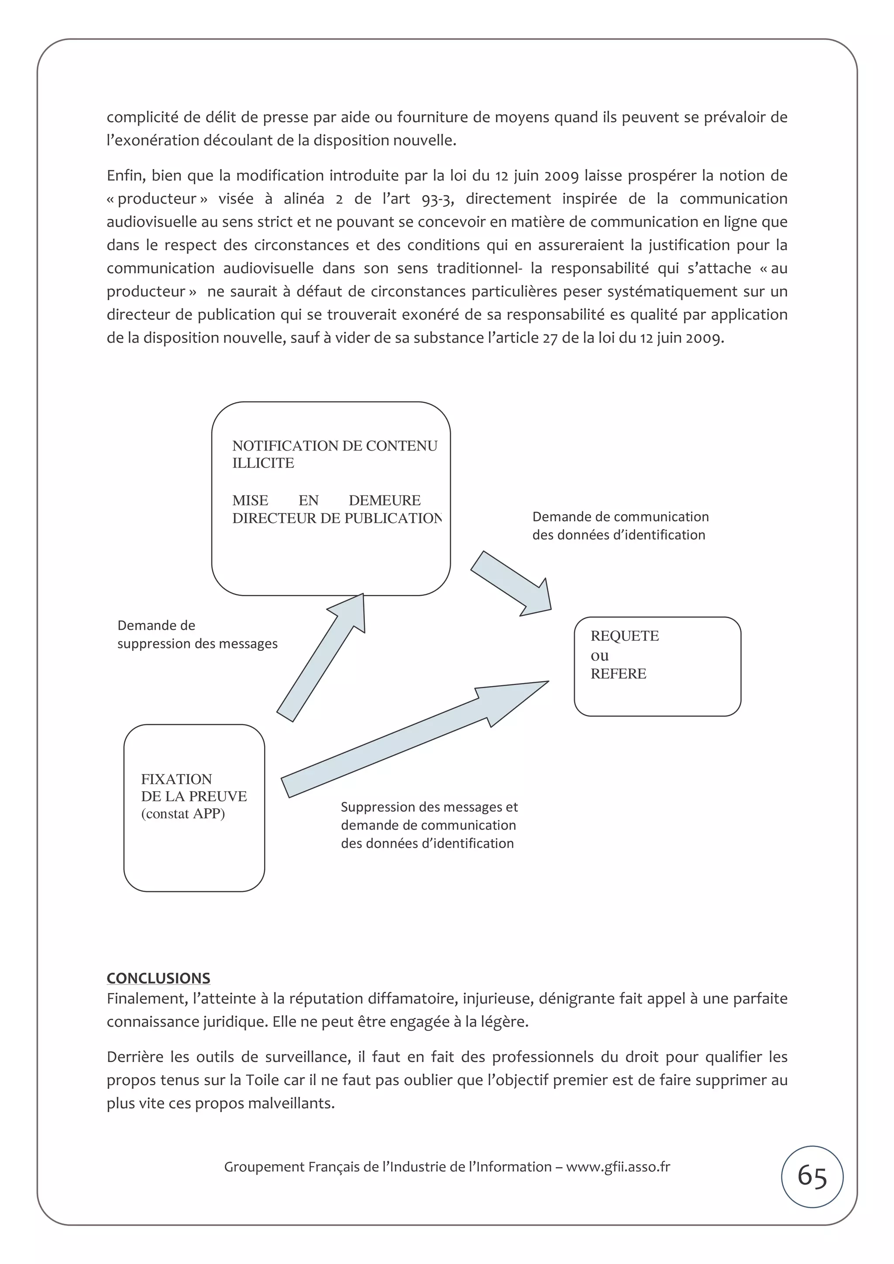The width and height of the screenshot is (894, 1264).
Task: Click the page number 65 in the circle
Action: point(812,1176)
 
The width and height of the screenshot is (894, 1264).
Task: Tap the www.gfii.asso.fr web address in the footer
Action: point(618,1167)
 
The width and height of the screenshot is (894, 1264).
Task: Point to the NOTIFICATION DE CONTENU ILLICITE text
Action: point(334,454)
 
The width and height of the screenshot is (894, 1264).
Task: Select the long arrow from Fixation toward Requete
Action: point(413,738)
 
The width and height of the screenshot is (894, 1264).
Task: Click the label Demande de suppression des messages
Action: point(196,634)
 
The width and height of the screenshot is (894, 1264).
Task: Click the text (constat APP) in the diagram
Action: point(183,814)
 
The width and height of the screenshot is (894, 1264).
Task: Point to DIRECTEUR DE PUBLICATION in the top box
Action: point(336,518)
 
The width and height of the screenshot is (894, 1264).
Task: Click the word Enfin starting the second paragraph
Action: point(125,176)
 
